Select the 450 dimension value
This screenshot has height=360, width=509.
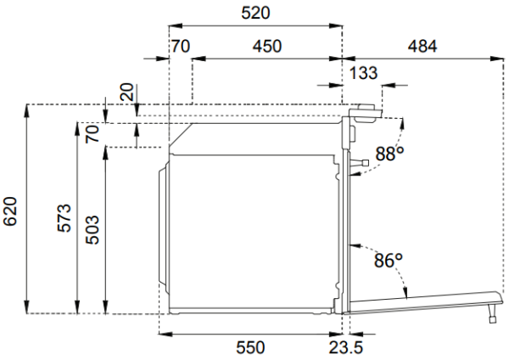point(267,47)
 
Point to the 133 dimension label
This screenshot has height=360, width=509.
point(363,74)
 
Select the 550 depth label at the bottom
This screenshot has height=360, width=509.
point(250,347)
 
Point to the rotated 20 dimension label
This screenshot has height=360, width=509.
point(126,93)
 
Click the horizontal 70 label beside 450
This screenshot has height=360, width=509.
point(181,47)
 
